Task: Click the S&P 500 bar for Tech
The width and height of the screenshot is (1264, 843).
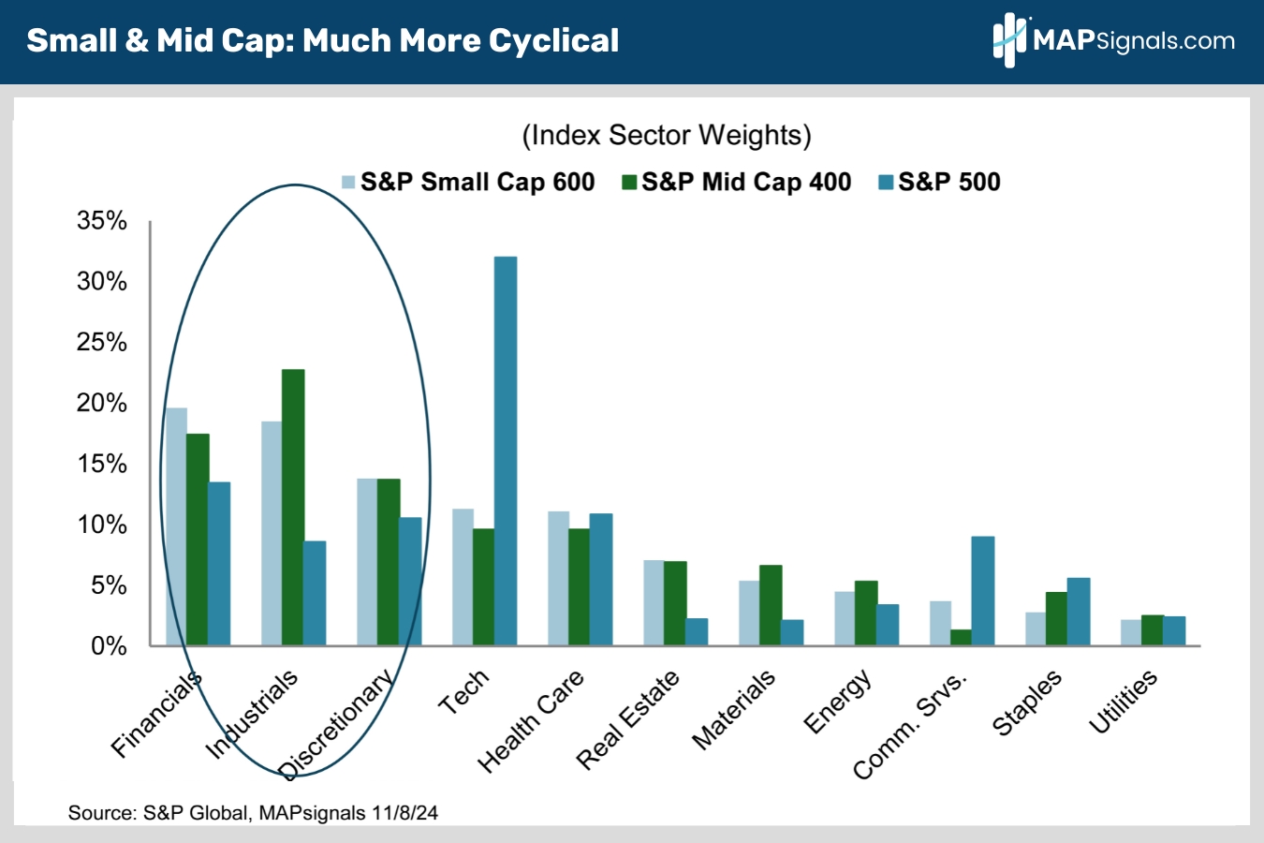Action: click(506, 451)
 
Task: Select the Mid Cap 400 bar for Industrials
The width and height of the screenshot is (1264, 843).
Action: click(293, 507)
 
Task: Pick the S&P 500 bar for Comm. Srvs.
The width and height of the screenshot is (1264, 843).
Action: click(983, 590)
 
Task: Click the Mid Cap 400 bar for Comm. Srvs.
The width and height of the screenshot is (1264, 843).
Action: click(961, 637)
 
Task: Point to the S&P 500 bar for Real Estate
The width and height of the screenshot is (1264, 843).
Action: click(697, 631)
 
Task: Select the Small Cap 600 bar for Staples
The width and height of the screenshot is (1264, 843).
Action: click(1036, 629)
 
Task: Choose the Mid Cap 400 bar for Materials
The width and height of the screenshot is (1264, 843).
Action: click(771, 605)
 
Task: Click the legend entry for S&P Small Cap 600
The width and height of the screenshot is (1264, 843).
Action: click(467, 182)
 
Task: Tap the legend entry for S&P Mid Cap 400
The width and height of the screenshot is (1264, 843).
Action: click(737, 182)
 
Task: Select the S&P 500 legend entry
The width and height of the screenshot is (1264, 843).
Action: click(939, 182)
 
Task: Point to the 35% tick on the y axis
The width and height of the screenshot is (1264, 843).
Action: click(102, 221)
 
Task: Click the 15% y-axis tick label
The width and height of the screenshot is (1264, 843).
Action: click(102, 464)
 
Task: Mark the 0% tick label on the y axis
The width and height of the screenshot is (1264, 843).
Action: click(109, 645)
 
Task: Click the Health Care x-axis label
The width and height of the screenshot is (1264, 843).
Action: click(531, 720)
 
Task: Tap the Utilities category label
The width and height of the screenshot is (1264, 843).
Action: click(1124, 702)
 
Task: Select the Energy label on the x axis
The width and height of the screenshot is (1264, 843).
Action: click(838, 702)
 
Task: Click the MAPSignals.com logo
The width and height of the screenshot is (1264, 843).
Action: click(1113, 40)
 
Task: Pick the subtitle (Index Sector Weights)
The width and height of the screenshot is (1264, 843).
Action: click(666, 135)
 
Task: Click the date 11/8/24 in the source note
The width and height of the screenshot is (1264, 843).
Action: click(404, 813)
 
